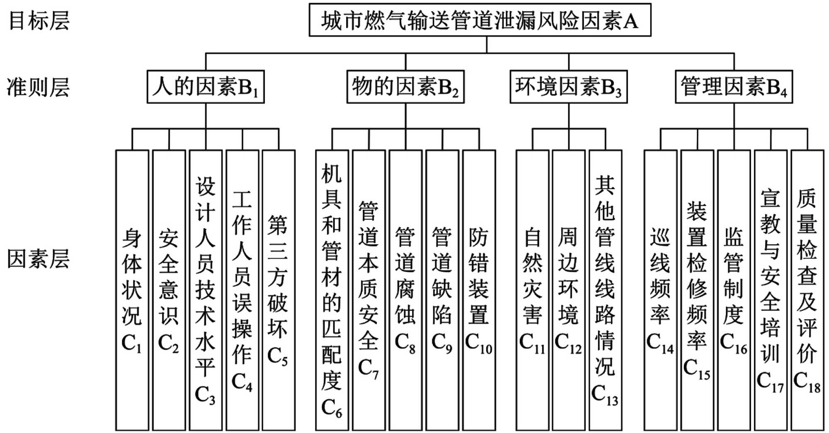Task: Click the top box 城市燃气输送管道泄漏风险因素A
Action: coord(480,20)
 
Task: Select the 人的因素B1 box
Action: coord(206,87)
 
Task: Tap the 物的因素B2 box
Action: coord(405,87)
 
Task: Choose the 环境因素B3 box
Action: coord(568,87)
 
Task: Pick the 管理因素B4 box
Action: coord(734,87)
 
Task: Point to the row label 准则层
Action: coord(38,87)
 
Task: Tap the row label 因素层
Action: coord(38,259)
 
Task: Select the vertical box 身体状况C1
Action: coord(132,290)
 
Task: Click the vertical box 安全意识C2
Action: coord(169,290)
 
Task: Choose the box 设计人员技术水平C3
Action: coord(206,290)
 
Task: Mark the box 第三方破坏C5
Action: coord(279,290)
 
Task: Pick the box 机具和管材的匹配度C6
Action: coord(332,290)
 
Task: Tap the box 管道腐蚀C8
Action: coord(405,290)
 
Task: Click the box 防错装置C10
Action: coord(479,290)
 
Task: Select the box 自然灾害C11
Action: coord(532,290)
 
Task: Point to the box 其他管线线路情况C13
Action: coord(605,290)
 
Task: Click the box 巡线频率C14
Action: coord(660,290)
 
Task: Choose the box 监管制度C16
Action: coord(734,290)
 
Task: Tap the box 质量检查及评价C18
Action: coord(807,290)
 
